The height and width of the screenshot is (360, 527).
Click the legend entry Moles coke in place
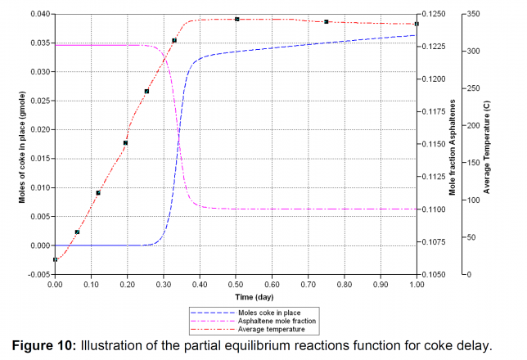246,312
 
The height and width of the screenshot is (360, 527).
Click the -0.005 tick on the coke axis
36,274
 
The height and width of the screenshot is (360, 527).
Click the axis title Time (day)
236,295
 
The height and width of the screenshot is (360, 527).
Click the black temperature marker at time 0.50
236,19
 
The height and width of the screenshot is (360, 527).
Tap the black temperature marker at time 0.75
327,22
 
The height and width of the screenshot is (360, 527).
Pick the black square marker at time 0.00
55,259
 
